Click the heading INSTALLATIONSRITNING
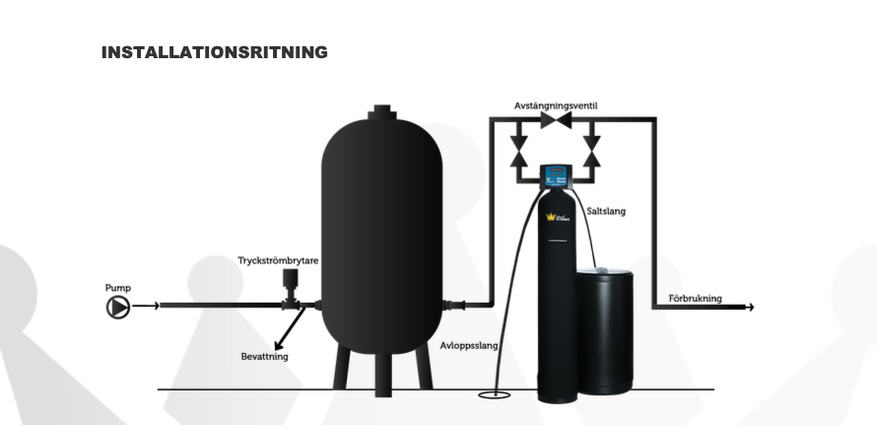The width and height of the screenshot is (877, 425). (214, 52)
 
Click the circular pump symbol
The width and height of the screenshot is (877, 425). (117, 307)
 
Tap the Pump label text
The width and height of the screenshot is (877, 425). (117, 288)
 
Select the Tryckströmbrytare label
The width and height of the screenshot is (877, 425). (278, 261)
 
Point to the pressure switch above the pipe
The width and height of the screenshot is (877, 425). (291, 283)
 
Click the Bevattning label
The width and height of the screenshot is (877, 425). (264, 356)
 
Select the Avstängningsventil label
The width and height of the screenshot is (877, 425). (556, 106)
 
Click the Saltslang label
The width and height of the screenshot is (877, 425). (606, 211)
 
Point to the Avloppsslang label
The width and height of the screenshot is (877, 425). (469, 346)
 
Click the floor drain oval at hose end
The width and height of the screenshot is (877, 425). (490, 395)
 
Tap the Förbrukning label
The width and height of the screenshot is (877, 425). (695, 298)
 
